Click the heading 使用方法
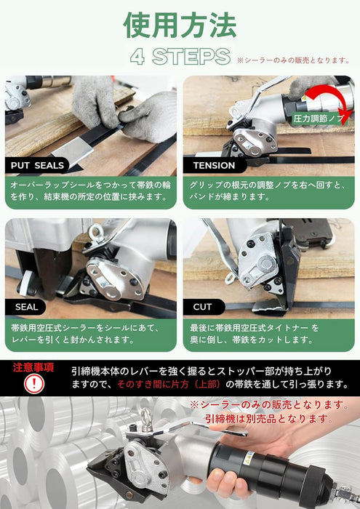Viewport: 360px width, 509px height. pyautogui.click(x=180, y=25)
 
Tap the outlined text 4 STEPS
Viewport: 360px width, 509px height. pyautogui.click(x=180, y=57)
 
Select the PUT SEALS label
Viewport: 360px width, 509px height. pyautogui.click(x=37, y=166)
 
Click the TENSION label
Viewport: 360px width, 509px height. pyautogui.click(x=215, y=166)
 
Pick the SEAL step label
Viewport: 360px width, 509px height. pyautogui.click(x=26, y=307)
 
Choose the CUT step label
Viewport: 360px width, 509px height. pyautogui.click(x=203, y=307)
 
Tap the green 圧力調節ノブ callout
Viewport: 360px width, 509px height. pyautogui.click(x=318, y=119)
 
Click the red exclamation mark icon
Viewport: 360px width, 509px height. pyautogui.click(x=33, y=384)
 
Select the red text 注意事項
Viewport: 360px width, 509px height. pyautogui.click(x=33, y=367)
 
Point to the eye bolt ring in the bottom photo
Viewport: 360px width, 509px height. pyautogui.click(x=146, y=418)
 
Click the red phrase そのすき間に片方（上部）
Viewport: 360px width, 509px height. pyautogui.click(x=169, y=385)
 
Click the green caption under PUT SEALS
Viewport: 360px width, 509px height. pyautogui.click(x=91, y=191)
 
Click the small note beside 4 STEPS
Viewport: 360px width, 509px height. pyautogui.click(x=293, y=60)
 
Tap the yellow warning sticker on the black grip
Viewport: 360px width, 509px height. pyautogui.click(x=250, y=456)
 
